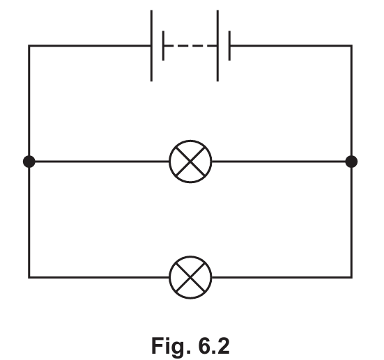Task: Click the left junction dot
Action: pos(29,162)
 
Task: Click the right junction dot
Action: pos(351,162)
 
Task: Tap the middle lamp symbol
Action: pos(190,162)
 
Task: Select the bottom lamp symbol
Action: pos(190,277)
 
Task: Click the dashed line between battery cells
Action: pos(190,45)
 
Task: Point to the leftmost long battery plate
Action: pos(151,45)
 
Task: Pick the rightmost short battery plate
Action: pos(229,45)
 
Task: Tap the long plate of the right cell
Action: pos(217,45)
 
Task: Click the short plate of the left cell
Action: pos(163,45)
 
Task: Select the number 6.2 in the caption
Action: pos(214,346)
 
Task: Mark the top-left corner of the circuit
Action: pos(29,45)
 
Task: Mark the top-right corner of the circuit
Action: pos(351,45)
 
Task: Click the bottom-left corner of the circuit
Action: pos(29,277)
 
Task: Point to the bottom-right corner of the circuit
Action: pos(351,277)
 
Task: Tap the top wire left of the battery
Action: pos(90,45)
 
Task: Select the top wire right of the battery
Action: pos(291,45)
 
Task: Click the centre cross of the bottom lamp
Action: pos(190,277)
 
